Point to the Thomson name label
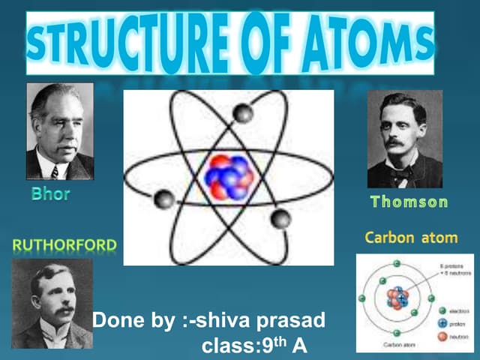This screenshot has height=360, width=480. tap(409, 202)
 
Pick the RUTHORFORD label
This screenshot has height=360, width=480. tap(64, 244)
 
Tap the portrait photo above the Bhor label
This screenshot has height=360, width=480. tap(60, 130)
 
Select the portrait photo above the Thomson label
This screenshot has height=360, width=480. tap(405, 139)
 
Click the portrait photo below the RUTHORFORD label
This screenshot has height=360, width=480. tap(52, 304)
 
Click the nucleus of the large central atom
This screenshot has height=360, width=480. tap(231, 176)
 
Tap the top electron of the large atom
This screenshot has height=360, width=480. tap(242, 113)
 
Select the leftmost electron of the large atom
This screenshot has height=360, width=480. tap(163, 199)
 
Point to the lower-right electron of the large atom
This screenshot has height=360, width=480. tap(280, 218)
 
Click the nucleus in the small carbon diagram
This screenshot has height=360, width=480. tap(396, 298)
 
